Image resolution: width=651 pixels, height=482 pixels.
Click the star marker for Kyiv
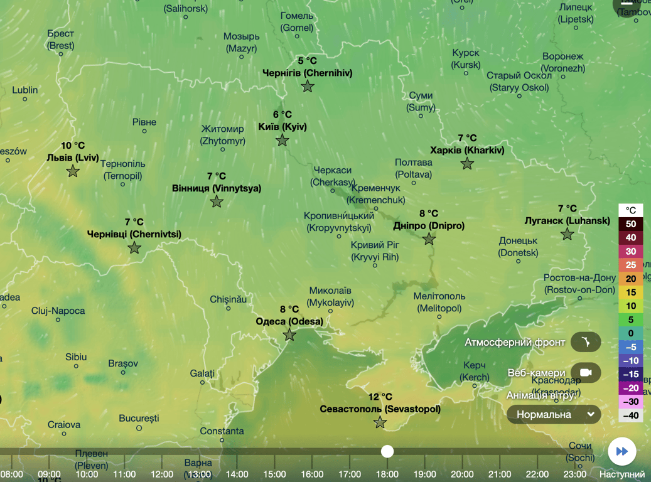tap(282, 140)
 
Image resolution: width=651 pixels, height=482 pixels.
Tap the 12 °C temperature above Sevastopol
tap(380, 397)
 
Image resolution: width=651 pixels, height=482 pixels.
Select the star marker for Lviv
tap(73, 171)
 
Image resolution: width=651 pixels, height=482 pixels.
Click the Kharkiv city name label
tap(467, 150)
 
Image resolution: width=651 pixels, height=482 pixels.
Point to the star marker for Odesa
tap(289, 335)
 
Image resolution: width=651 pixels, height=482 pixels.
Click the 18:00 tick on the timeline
tap(387, 474)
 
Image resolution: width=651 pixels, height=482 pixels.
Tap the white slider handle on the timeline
tap(387, 451)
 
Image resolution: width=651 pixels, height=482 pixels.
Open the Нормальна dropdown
tap(554, 414)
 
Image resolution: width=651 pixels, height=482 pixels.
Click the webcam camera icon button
tap(586, 373)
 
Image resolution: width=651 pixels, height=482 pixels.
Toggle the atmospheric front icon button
tap(586, 343)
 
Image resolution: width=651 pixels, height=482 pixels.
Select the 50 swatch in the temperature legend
tap(630, 224)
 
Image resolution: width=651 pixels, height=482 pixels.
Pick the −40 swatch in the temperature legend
tap(630, 415)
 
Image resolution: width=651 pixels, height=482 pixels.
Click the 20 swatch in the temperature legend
tap(630, 279)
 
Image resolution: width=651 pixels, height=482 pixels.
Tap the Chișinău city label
tap(229, 299)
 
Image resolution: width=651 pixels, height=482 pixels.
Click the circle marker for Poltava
tap(414, 183)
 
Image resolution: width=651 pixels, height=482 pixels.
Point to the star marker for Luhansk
tap(568, 234)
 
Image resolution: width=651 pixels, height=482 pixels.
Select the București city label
tap(139, 418)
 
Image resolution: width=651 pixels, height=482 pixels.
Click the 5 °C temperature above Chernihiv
tap(307, 61)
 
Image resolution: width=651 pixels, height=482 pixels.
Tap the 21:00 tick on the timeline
tap(500, 474)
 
